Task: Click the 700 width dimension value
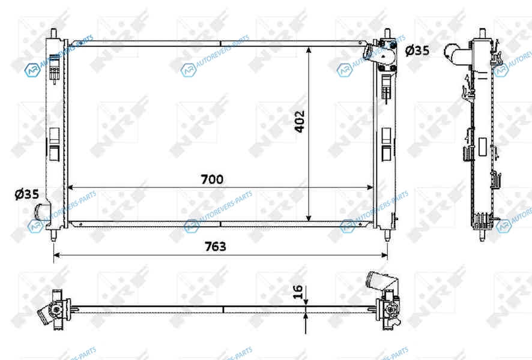coord(212,179)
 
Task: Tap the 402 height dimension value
coord(299,121)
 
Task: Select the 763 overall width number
coord(215,247)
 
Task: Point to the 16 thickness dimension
coord(297,292)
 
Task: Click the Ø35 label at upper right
coord(417,50)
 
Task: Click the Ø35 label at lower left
coord(27,194)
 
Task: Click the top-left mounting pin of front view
coord(53,33)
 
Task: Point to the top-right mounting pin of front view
coord(387,33)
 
